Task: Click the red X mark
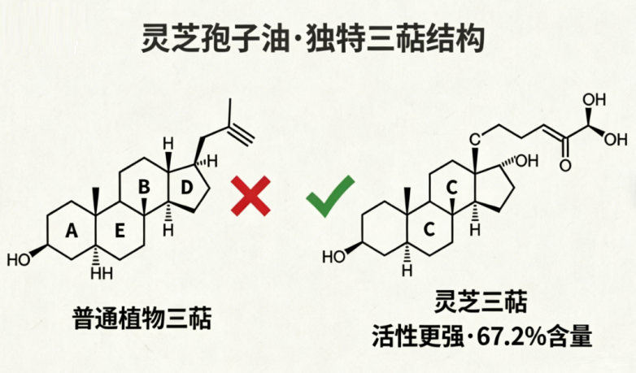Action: (250, 196)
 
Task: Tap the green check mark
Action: (330, 196)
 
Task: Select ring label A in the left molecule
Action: (72, 231)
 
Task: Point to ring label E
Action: (120, 231)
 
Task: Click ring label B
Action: (144, 187)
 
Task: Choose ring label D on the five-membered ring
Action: (185, 188)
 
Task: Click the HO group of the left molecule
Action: (19, 259)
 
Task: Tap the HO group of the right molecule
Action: (333, 257)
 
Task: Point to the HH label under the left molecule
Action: (102, 273)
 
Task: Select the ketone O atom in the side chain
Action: (565, 165)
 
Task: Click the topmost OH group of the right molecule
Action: (595, 100)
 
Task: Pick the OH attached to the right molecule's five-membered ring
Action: (527, 161)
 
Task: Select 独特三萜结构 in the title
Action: (395, 39)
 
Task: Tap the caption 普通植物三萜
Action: (143, 319)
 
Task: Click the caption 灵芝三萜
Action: (481, 302)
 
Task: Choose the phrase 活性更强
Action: (418, 336)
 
